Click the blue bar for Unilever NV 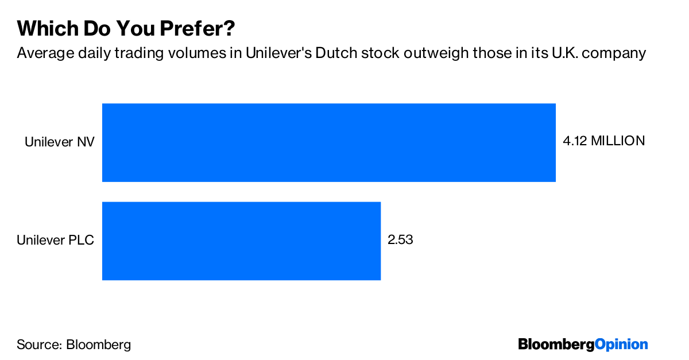(328, 142)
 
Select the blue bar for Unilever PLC (241, 241)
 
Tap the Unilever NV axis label (59, 142)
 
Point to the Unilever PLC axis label (55, 240)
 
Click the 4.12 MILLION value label (603, 141)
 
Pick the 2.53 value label (400, 239)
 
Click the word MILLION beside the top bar (618, 141)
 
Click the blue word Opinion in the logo (621, 344)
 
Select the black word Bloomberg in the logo (556, 344)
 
